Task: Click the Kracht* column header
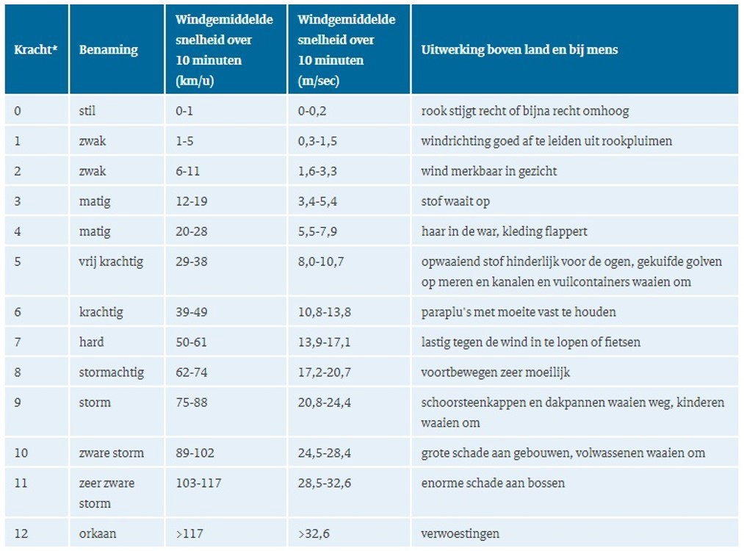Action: coord(36,50)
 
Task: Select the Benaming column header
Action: coord(108,50)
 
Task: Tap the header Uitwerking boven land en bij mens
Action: coord(519,50)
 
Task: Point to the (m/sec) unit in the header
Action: coord(318,81)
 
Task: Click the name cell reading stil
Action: coord(87,111)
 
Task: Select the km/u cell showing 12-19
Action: coord(191,201)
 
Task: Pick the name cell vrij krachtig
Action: coord(111,262)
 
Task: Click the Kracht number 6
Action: coord(18,312)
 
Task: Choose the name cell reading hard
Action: coord(91,342)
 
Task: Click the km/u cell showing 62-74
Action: coord(192,372)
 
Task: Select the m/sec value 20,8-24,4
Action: coord(324,403)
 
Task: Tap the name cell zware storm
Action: coord(112,453)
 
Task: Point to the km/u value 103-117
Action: coord(198,483)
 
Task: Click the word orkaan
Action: coord(98,533)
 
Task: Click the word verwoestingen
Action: coord(461,533)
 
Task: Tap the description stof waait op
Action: coord(455,201)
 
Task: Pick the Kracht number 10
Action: coord(21,453)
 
